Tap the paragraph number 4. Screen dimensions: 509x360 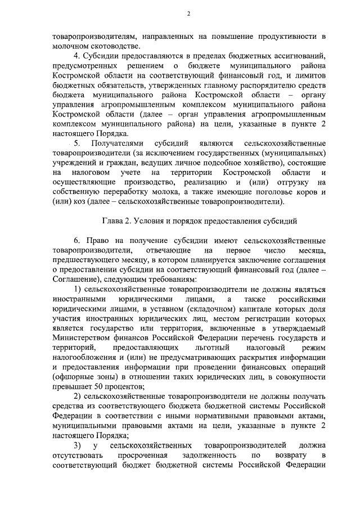pos(77,57)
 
